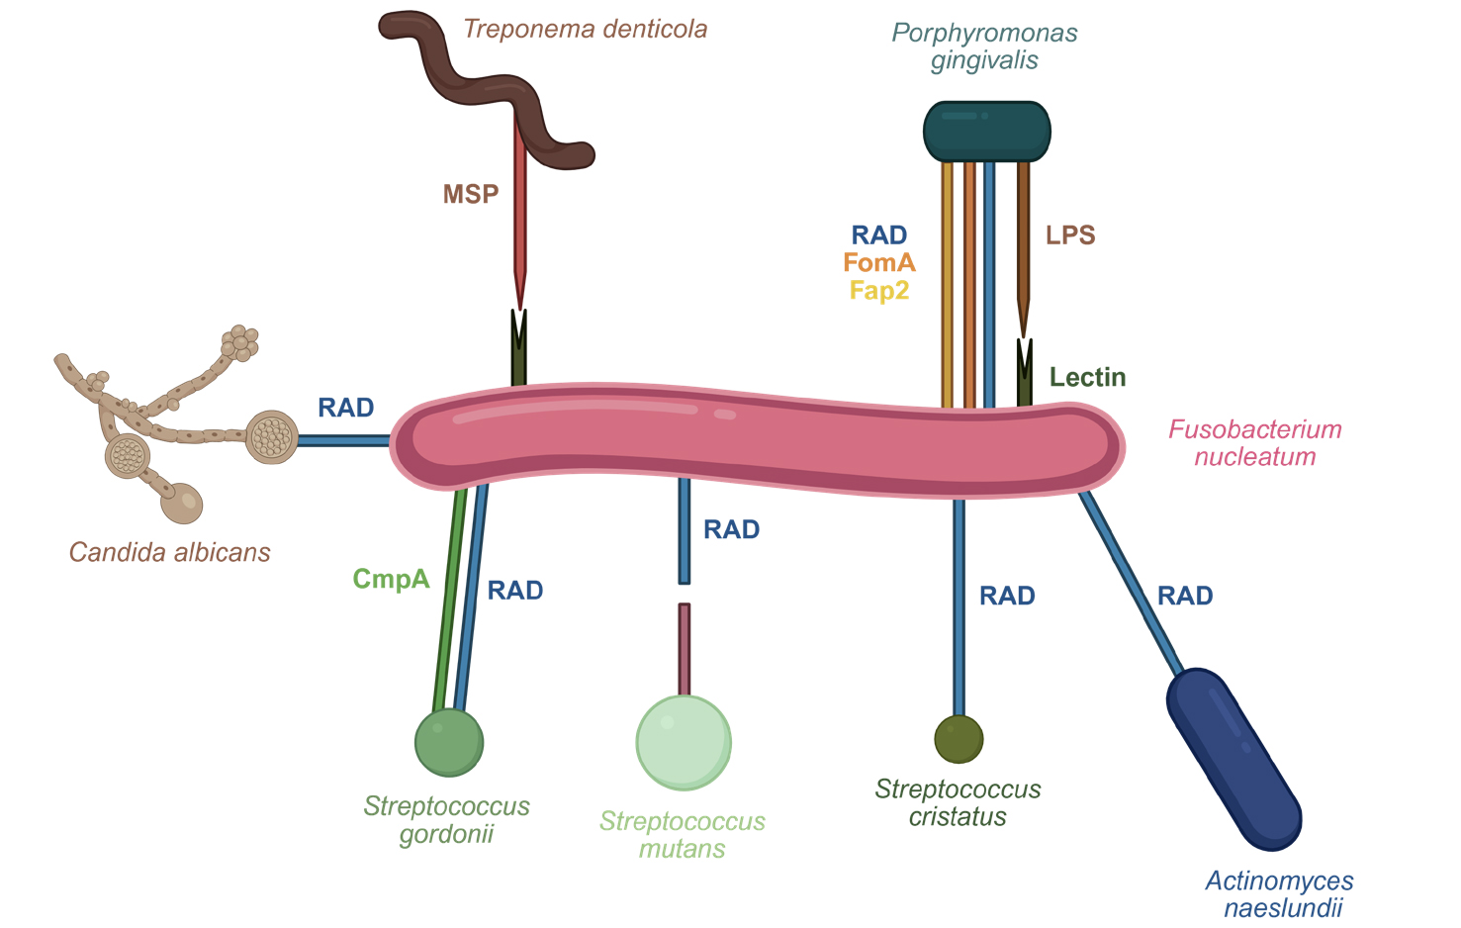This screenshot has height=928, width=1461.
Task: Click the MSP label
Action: pos(471,194)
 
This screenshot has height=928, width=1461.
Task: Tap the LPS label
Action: pos(1070,235)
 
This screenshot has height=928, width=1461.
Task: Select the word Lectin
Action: pos(1087,377)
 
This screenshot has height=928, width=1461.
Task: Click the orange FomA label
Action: pos(879,263)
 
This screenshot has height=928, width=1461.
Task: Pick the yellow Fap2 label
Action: pos(879,291)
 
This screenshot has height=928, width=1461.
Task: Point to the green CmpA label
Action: pos(392,579)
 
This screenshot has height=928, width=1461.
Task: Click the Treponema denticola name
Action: pos(586,29)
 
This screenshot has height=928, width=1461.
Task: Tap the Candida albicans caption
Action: pos(170,552)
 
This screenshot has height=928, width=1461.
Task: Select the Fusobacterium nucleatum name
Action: pos(1254,443)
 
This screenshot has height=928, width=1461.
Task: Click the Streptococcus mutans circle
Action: pos(684,742)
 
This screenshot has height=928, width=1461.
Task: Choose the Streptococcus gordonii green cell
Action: pos(449,743)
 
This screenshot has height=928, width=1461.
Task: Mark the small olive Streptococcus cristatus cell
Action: pos(959,739)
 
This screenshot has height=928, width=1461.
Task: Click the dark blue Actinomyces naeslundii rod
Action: pos(1233,759)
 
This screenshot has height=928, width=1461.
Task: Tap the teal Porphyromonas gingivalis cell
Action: pos(986,132)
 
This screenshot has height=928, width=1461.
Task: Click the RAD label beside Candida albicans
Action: pos(345,408)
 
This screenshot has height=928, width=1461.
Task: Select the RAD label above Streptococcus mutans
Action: pos(731,530)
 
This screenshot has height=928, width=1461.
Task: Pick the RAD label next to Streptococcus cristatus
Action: pos(1007,596)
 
